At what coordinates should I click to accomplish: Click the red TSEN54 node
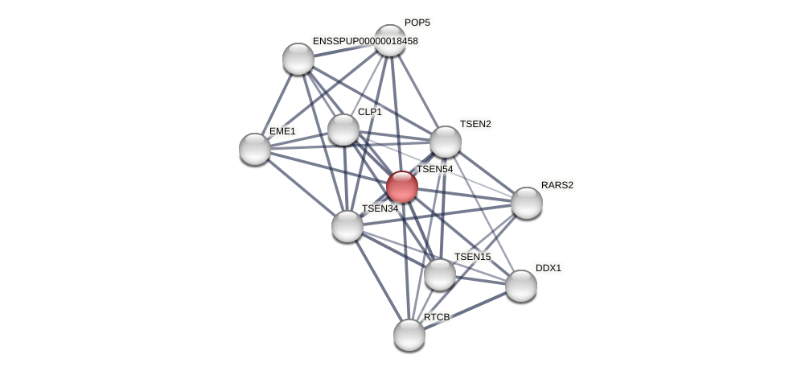(402, 187)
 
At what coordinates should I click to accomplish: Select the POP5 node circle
(390, 40)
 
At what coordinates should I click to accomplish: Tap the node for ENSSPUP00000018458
(298, 59)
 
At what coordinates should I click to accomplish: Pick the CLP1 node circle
(343, 130)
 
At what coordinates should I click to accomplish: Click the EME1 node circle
(255, 149)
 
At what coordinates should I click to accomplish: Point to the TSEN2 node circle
(446, 142)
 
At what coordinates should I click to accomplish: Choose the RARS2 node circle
(527, 203)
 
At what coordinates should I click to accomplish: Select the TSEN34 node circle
(347, 226)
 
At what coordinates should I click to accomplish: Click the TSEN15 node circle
(440, 274)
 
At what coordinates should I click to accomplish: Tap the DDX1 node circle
(521, 286)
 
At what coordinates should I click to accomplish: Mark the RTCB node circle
(409, 335)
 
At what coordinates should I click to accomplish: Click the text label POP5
(417, 23)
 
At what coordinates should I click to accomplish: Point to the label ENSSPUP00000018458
(365, 41)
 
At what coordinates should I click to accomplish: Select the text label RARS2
(557, 185)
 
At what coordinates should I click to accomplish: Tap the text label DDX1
(549, 268)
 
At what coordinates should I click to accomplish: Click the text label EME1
(282, 131)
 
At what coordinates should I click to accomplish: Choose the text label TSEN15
(472, 257)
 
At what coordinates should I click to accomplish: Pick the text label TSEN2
(475, 124)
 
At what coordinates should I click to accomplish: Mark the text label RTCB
(437, 317)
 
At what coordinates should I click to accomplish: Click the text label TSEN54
(434, 169)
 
